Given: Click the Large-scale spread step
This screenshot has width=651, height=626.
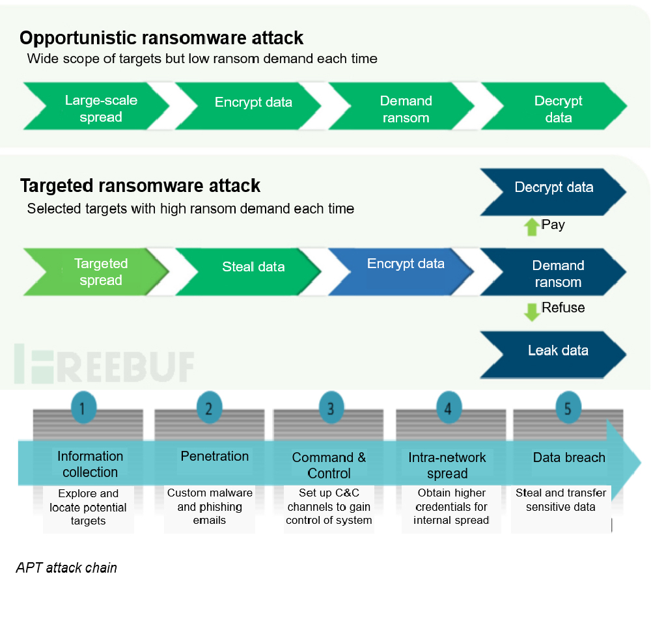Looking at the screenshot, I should point(101,109).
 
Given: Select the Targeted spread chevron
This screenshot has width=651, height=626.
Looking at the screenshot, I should point(101,272).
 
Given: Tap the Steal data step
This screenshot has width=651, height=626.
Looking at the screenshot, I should point(253,267).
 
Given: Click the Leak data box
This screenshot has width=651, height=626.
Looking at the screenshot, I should point(558,351).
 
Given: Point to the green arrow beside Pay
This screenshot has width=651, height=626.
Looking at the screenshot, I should point(532,226).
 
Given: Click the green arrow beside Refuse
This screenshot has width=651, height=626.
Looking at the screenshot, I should point(532,311).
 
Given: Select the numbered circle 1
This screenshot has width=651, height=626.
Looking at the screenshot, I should point(83,408).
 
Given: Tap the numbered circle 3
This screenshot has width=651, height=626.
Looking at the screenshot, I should point(331,408).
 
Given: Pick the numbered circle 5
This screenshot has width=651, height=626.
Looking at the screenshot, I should point(568,408).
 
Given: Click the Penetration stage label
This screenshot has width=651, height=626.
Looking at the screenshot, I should point(215,456).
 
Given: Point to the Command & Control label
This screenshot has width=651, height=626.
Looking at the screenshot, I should point(329,465).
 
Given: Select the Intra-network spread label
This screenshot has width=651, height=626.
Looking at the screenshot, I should point(447,465).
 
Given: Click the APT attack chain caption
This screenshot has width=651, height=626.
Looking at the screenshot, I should point(66,568).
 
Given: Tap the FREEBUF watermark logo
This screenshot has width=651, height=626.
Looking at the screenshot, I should point(104,364).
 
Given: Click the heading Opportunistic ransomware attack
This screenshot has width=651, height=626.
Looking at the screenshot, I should point(161,38).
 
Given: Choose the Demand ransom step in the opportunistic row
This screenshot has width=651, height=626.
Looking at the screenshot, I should point(406,109).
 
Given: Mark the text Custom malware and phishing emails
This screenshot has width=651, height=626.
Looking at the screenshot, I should point(210,506).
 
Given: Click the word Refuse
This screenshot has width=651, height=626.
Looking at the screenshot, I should point(563,308).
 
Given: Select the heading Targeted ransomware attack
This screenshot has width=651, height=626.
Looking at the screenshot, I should point(140,186).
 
